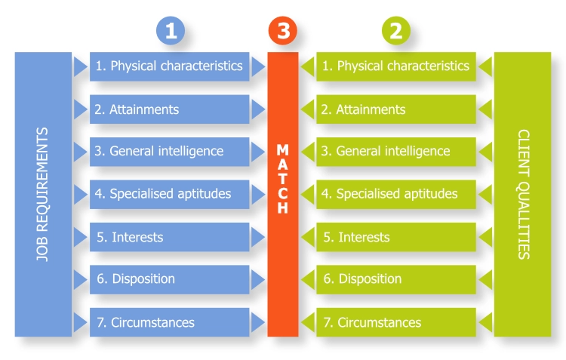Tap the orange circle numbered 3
tap(283, 31)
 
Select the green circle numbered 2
tap(396, 31)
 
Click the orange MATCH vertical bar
tap(283, 194)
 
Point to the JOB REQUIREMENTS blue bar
tap(43, 194)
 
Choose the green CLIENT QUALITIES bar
tap(523, 194)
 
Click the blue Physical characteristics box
tap(170, 66)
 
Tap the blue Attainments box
tap(170, 109)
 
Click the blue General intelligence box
tap(170, 152)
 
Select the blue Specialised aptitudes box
tap(170, 194)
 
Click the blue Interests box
tap(170, 237)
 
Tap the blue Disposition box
tap(170, 279)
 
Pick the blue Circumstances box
tap(170, 322)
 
